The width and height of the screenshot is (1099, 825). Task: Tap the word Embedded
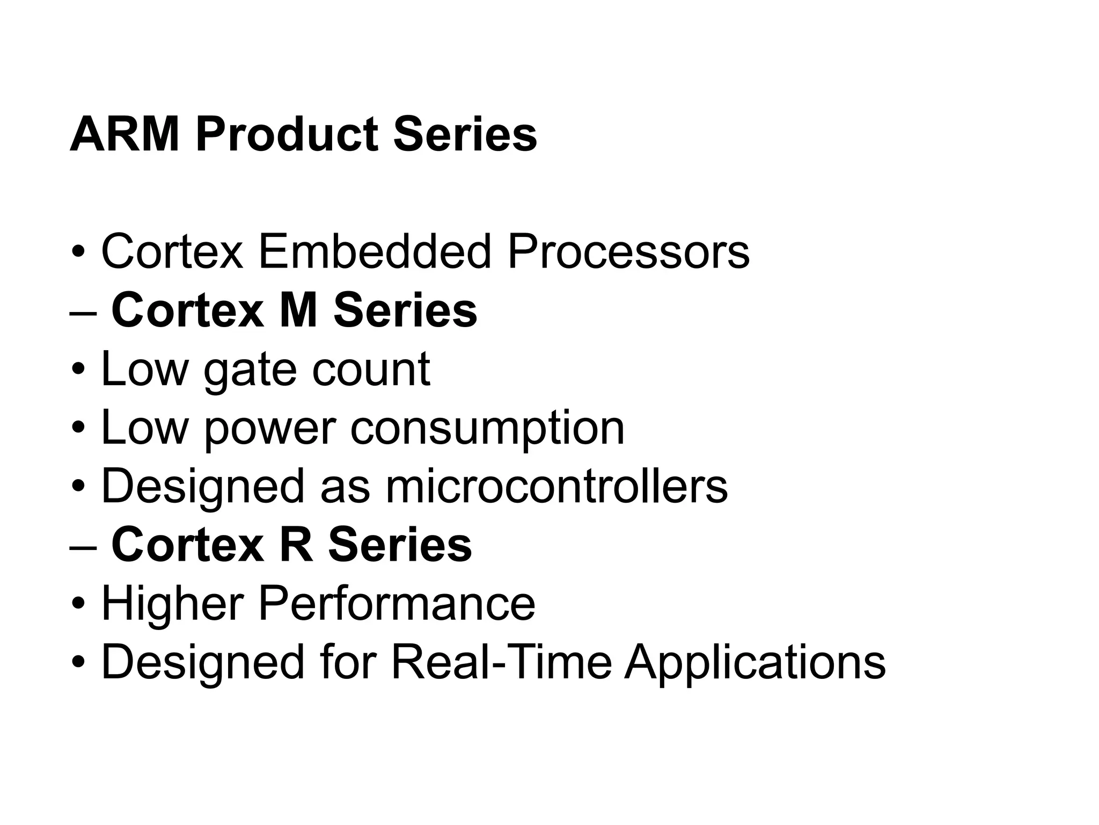(x=375, y=251)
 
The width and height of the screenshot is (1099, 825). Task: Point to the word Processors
(x=628, y=251)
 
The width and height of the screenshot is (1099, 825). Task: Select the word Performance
(x=397, y=603)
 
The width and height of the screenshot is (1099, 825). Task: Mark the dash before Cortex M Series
(x=83, y=314)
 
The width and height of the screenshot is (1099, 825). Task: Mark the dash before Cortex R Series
(x=83, y=548)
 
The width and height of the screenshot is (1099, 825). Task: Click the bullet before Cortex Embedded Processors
(x=78, y=252)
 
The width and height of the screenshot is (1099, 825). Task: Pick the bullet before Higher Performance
(x=78, y=604)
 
